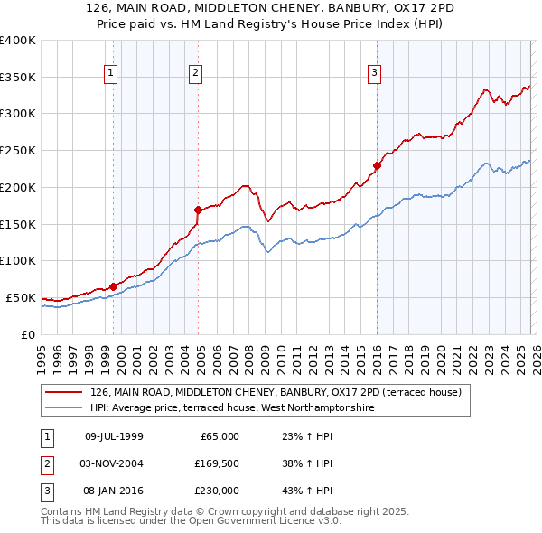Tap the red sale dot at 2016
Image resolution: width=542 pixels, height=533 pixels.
377,165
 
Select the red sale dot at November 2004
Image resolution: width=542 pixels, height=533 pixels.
198,210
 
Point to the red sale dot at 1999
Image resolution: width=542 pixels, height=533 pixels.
113,286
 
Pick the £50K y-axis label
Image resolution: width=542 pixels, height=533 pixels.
21,297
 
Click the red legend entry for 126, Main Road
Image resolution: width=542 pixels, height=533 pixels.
276,392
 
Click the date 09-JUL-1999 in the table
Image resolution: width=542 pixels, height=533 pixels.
114,436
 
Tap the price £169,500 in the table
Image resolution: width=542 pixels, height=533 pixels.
216,463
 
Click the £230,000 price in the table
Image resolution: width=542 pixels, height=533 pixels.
216,491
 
